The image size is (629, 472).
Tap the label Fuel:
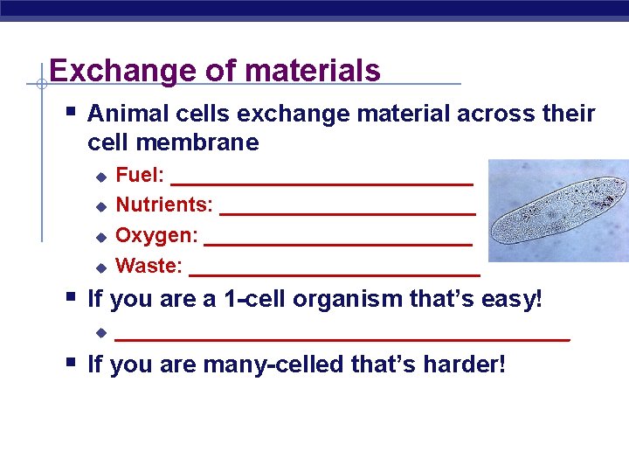[140, 175]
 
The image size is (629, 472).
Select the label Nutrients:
[164, 205]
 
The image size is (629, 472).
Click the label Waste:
[149, 265]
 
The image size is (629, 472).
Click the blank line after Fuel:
[321, 183]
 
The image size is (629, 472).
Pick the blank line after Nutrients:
[348, 212]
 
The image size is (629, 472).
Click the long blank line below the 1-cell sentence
[342, 337]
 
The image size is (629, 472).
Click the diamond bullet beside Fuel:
[100, 177]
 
